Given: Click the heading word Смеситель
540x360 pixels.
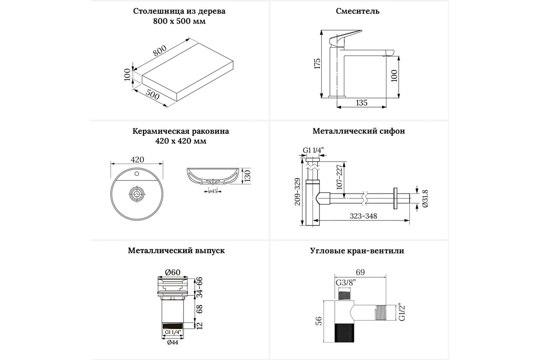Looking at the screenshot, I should click(358, 11).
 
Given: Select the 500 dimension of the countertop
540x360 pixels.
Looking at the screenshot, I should click(153, 95).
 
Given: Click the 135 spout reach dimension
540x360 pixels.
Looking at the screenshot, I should click(362, 103).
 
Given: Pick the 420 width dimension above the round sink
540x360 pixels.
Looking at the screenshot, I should click(137, 159).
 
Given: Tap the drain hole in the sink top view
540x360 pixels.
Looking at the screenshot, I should click(136, 194).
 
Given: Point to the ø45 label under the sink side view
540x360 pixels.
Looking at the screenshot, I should click(213, 191).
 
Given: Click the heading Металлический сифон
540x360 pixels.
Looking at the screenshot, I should click(359, 131).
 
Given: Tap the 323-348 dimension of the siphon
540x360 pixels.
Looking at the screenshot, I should click(364, 216).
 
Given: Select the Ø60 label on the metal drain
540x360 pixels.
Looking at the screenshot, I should click(172, 272).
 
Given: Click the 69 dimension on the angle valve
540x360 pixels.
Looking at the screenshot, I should click(360, 272).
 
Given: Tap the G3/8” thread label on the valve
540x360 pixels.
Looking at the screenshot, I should click(345, 283).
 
